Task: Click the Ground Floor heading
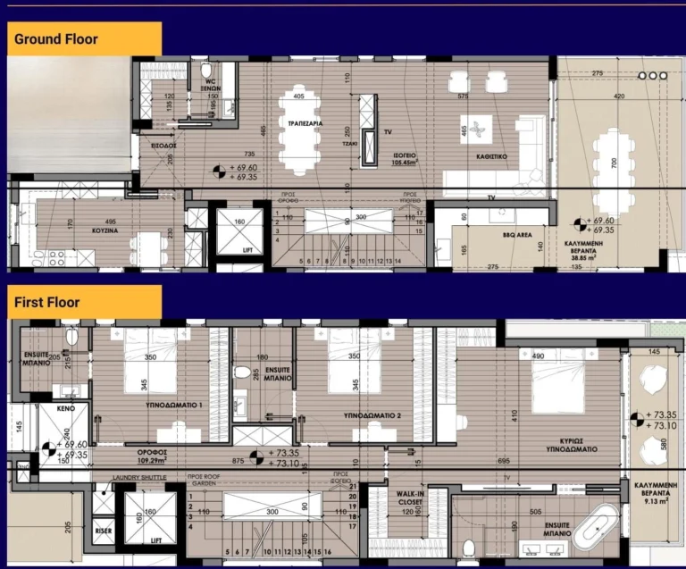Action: [56, 39]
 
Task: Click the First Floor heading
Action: [47, 302]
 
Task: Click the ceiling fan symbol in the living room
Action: [479, 129]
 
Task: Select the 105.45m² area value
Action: [406, 163]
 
